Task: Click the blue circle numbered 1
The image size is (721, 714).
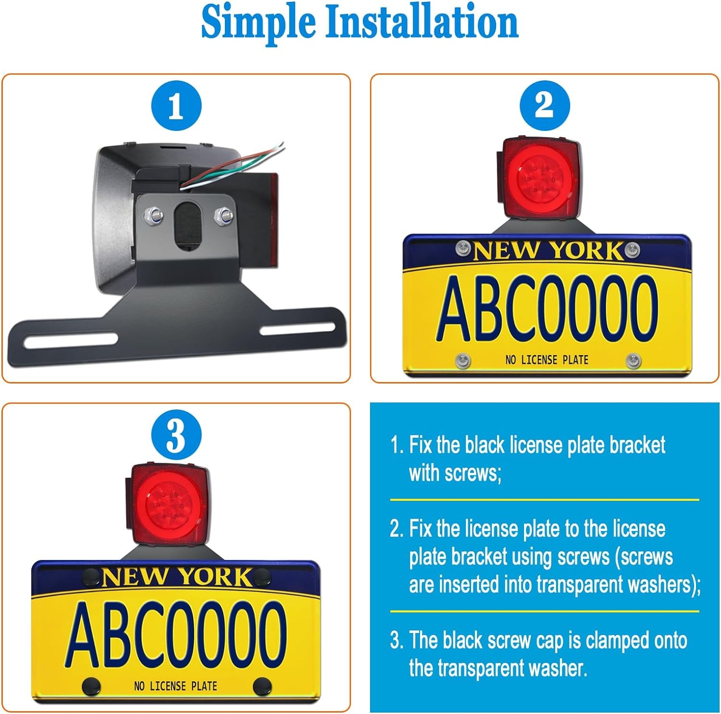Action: point(176,105)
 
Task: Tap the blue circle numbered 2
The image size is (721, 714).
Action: point(545,105)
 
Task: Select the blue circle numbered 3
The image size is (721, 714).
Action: point(176,435)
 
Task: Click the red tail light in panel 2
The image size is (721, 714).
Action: point(540,177)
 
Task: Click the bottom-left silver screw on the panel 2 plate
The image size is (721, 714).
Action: point(462,359)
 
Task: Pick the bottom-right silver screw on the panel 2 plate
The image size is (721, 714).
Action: point(633,359)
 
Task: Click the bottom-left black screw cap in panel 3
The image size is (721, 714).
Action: point(90,685)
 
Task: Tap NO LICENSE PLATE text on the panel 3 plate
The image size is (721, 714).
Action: point(175,686)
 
